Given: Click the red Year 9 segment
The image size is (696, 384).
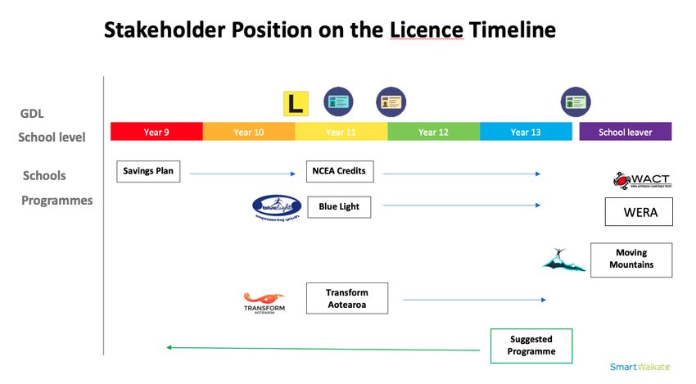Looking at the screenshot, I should [x=156, y=132].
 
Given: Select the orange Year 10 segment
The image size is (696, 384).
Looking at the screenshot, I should [x=248, y=132].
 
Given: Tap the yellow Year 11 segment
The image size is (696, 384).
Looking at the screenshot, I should [x=341, y=132].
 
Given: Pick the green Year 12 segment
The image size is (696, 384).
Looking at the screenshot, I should [x=433, y=132].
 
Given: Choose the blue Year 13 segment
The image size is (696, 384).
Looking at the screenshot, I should [x=526, y=132].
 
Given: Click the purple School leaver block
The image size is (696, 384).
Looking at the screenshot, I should [x=626, y=132].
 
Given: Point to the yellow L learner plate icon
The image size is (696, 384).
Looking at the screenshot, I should [x=295, y=103].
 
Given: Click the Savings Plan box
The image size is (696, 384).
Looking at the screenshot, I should [x=148, y=171].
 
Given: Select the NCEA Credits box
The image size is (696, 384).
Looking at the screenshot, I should [x=339, y=171].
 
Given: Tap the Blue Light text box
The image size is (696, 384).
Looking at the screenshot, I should [x=339, y=207].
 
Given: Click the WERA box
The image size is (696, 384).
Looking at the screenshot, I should [x=638, y=212].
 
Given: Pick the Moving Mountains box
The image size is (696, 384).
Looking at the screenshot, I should [x=630, y=260].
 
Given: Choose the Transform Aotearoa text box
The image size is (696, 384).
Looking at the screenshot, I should [x=346, y=298].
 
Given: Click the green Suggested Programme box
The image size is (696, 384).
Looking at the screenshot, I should [x=531, y=345].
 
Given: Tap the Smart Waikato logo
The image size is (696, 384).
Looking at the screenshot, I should [x=639, y=367].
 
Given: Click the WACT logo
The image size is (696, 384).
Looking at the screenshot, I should [x=641, y=180].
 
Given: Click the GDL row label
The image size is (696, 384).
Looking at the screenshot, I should [x=32, y=114].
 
